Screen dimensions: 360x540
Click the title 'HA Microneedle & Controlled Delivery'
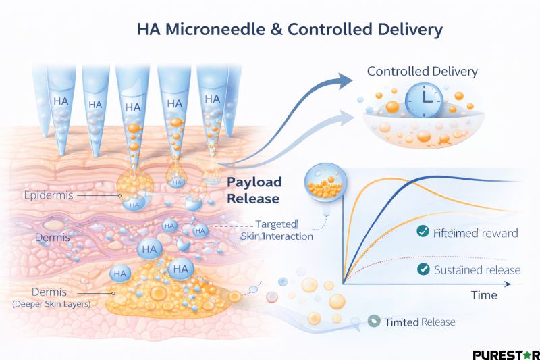[290, 30]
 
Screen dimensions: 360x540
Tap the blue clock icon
[424, 101]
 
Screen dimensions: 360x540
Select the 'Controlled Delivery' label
[422, 71]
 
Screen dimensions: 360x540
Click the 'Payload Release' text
[254, 190]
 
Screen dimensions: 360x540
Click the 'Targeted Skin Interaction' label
[277, 230]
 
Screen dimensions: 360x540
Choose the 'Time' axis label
[483, 295]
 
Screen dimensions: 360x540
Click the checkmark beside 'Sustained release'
[424, 269]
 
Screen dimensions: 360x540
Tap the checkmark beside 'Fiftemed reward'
[423, 232]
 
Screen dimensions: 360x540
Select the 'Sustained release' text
[478, 270]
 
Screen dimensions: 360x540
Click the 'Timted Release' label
[419, 322]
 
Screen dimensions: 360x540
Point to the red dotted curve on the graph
[405, 259]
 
